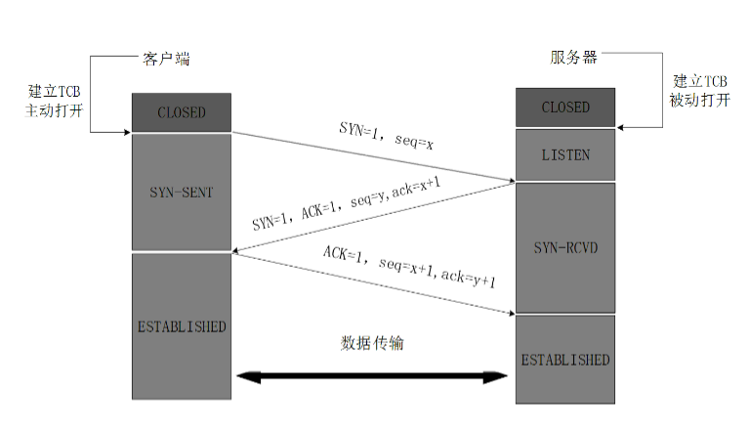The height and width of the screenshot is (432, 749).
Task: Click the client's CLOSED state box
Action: pyautogui.click(x=182, y=112)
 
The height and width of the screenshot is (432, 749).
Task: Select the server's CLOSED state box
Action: pyautogui.click(x=565, y=107)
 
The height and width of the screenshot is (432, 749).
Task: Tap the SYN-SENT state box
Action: pyautogui.click(x=182, y=192)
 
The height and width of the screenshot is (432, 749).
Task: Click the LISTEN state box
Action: pyautogui.click(x=565, y=154)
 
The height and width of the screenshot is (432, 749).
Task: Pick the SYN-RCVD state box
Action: pyautogui.click(x=565, y=246)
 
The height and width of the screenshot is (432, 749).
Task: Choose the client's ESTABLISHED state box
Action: pyautogui.click(x=182, y=325)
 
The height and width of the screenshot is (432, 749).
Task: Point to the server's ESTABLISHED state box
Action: pyautogui.click(x=565, y=359)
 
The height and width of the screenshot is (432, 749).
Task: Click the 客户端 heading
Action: pyautogui.click(x=160, y=59)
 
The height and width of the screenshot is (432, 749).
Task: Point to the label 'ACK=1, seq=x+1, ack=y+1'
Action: pyautogui.click(x=409, y=266)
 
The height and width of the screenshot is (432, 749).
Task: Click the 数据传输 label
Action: pyautogui.click(x=371, y=343)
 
